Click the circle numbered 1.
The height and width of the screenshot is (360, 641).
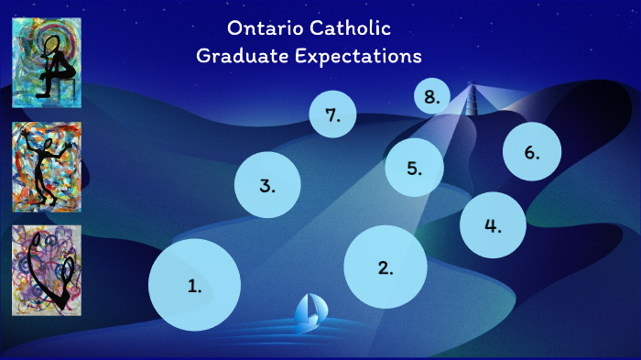(x=194, y=284)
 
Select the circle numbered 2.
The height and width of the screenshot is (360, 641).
(x=386, y=267)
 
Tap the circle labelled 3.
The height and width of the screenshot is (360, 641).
(x=267, y=184)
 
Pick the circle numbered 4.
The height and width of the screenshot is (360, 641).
(x=493, y=224)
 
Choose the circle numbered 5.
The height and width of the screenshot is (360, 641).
(x=414, y=168)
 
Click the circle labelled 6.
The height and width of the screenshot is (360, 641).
(x=532, y=152)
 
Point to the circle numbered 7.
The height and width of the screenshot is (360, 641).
(x=331, y=115)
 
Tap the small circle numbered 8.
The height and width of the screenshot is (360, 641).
(x=431, y=95)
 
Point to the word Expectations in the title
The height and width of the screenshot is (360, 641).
(x=360, y=57)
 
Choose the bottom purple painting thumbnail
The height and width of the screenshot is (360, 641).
(x=47, y=269)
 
